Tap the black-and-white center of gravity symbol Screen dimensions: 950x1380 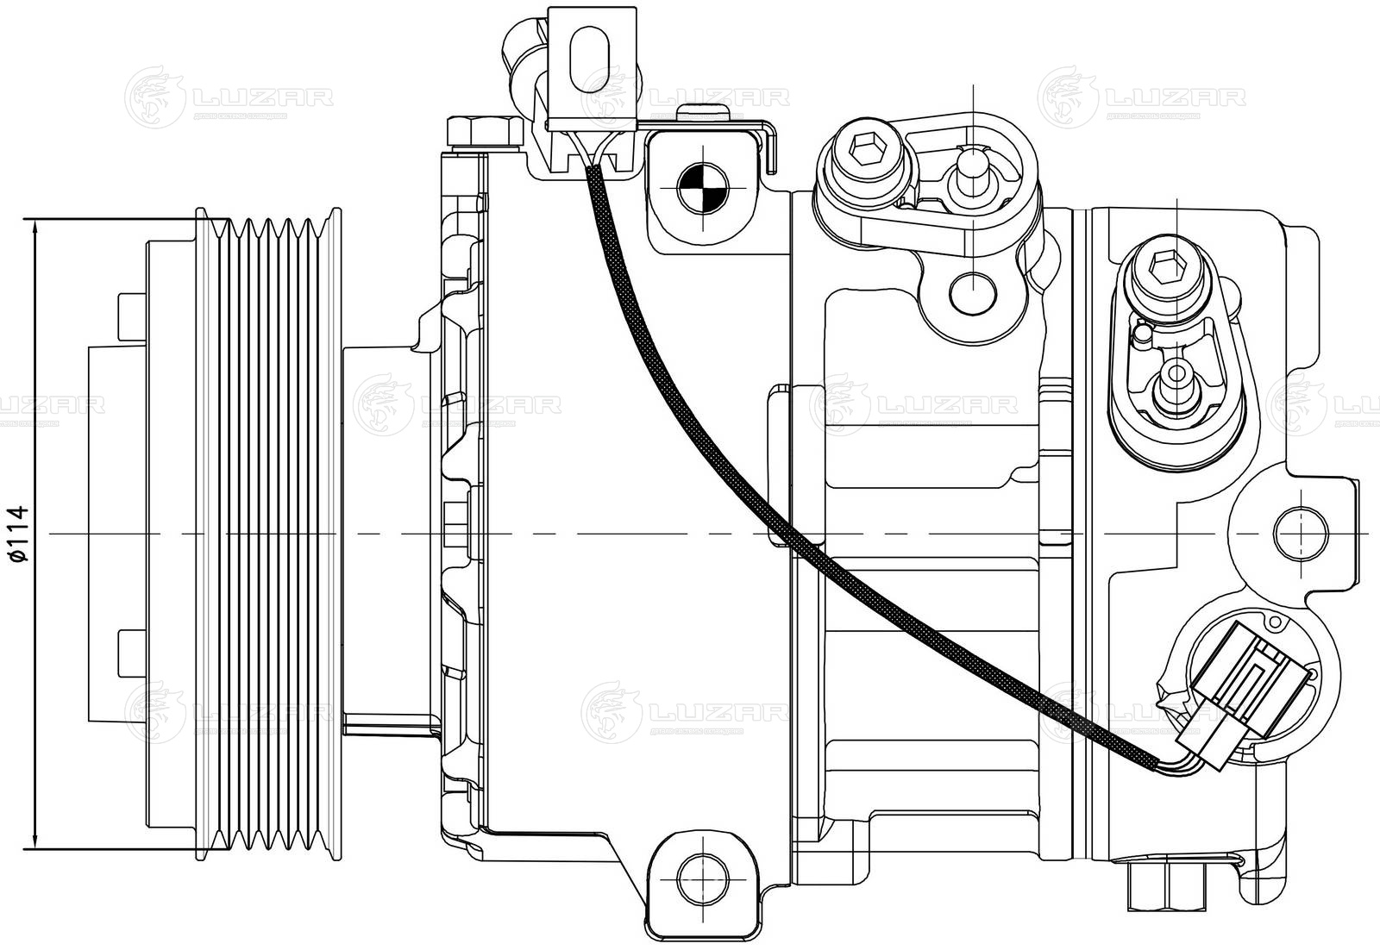pyautogui.click(x=703, y=186)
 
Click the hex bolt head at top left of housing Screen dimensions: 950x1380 pyautogui.click(x=480, y=132)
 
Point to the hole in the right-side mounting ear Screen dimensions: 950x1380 pyautogui.click(x=1300, y=533)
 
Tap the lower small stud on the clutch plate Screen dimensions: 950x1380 pyautogui.click(x=128, y=653)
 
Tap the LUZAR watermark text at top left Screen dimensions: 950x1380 pyautogui.click(x=263, y=97)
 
